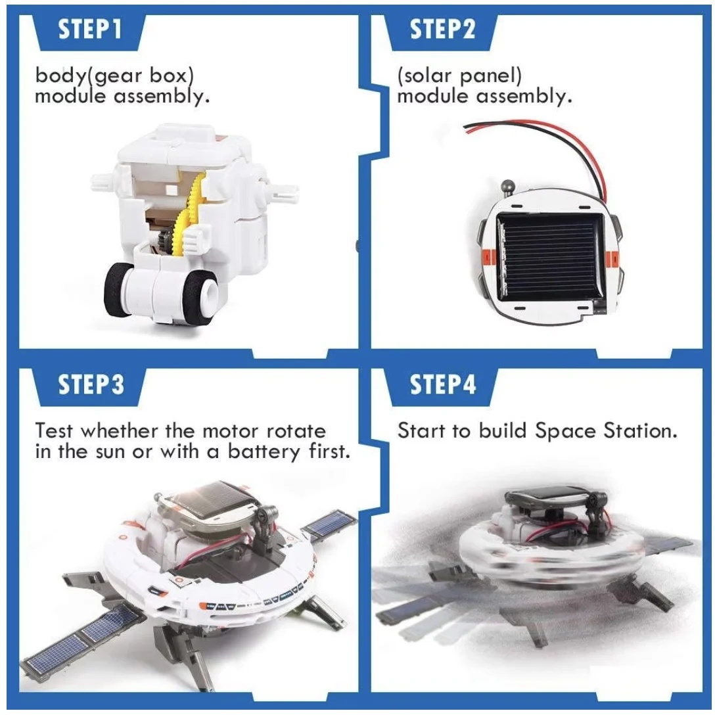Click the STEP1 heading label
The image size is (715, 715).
click(90, 30)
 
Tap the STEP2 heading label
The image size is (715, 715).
click(442, 30)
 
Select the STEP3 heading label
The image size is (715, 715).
click(91, 384)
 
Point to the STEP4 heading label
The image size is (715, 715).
click(442, 384)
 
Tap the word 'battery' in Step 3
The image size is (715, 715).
click(264, 452)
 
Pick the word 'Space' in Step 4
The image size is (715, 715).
click(565, 431)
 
